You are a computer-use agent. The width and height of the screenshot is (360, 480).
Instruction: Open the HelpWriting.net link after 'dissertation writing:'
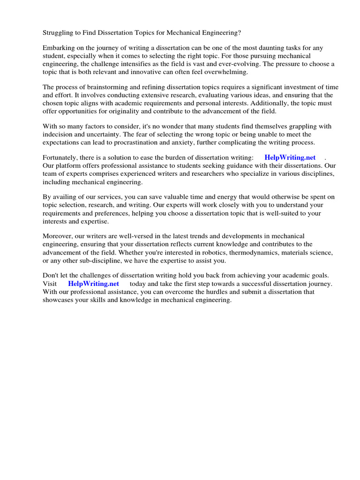290,157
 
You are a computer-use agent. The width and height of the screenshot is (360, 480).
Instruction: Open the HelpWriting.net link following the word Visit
93,284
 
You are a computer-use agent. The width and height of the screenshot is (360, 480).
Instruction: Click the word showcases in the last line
59,300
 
